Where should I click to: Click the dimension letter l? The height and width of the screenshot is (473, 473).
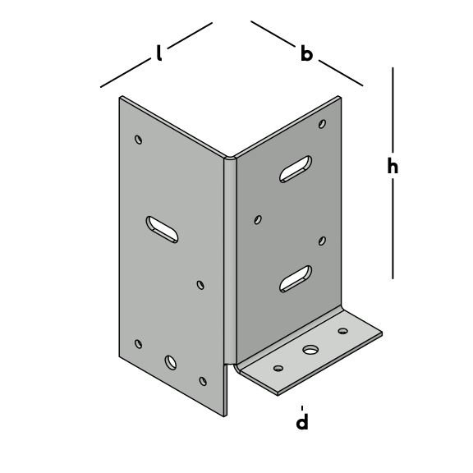tap(159, 53)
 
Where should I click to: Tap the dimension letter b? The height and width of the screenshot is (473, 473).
tap(306, 53)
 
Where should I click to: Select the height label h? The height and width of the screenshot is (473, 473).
tap(393, 165)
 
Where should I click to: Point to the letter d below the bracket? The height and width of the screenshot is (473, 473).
tap(302, 421)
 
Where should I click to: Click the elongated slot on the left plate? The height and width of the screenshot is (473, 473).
tap(162, 230)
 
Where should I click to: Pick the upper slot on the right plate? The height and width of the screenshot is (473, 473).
tap(296, 169)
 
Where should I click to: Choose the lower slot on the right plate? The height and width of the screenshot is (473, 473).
tap(296, 278)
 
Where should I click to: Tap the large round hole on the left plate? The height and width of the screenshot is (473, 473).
tap(171, 362)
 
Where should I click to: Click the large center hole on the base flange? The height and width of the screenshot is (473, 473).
tap(310, 350)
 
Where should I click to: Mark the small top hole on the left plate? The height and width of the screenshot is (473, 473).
tap(139, 140)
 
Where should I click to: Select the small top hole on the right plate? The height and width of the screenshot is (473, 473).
tap(322, 124)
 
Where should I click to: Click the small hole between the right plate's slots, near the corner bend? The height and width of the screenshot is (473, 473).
tap(258, 219)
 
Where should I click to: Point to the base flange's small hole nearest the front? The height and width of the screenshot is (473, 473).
tap(278, 369)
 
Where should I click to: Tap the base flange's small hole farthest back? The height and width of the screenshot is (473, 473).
tap(342, 331)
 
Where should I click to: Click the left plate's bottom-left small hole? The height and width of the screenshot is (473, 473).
tap(139, 344)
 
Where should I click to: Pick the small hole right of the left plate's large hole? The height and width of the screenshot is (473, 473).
tap(203, 381)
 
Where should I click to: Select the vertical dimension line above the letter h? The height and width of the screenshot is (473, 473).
tap(393, 110)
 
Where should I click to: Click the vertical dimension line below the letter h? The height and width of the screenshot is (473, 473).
tap(393, 228)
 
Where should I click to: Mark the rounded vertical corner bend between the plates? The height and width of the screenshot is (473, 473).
tap(230, 259)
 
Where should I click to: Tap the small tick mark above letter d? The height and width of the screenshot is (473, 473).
tap(302, 408)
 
